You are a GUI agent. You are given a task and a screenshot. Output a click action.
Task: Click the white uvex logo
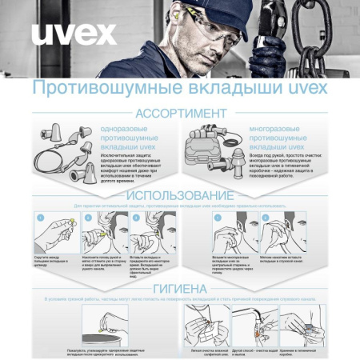coord(74,34)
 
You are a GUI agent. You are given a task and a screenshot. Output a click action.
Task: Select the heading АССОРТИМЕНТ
coord(181,113)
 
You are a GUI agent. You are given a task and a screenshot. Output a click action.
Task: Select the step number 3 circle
coord(136,217)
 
